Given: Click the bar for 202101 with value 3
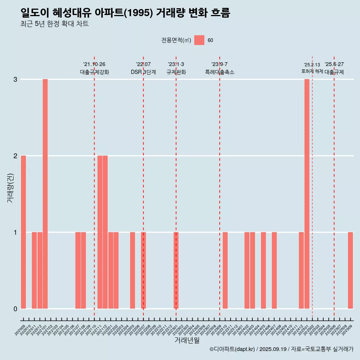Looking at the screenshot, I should tap(45, 193).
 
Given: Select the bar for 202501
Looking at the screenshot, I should tap(307, 193).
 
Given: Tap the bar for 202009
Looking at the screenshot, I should tap(23, 232).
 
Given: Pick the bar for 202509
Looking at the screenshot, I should tap(350, 270).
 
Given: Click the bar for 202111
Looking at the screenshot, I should tap(100, 232).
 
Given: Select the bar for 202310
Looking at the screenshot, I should tap(225, 270).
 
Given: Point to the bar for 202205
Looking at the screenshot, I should tap(132, 270).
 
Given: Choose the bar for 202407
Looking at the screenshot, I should tap(274, 270).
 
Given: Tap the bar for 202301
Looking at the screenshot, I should tap(176, 270).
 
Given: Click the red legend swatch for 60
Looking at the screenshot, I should tap(199, 40).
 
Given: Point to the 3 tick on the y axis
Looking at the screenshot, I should tap(15, 79).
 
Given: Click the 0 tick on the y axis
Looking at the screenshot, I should tap(15, 309).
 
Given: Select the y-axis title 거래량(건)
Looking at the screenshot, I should tap(10, 187).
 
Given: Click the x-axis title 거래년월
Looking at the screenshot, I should tap(187, 340).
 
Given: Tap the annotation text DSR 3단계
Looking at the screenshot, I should tap(143, 72).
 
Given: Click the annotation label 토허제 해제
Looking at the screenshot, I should tap(312, 71).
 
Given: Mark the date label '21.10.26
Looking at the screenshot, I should tap(94, 64).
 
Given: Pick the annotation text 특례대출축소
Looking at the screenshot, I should tap(220, 72).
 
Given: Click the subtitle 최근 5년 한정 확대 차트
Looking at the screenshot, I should tap(55, 24).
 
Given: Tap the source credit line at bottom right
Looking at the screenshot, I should tap(281, 349).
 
